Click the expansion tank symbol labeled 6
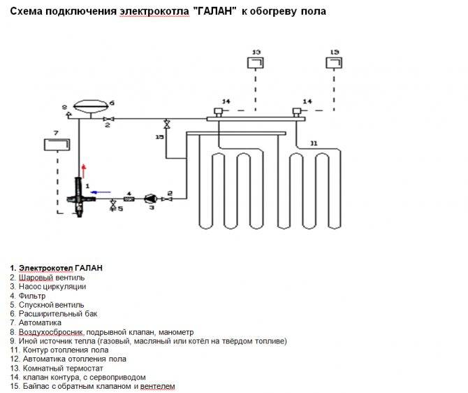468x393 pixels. click(x=90, y=106)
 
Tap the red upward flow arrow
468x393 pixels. click(x=84, y=171)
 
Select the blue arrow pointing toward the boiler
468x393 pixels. click(x=101, y=192)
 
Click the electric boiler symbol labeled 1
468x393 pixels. click(x=80, y=197)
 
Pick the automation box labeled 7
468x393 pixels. click(x=57, y=145)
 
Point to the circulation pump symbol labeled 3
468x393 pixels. click(x=151, y=199)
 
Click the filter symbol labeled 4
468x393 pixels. click(x=129, y=199)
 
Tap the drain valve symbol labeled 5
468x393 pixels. click(x=113, y=205)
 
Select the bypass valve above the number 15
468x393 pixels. click(x=167, y=124)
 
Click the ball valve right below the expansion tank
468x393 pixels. click(x=107, y=120)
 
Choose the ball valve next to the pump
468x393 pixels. click(x=166, y=199)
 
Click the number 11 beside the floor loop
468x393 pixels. click(x=314, y=143)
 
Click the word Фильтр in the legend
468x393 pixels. click(x=32, y=296)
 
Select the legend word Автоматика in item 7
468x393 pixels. click(x=40, y=323)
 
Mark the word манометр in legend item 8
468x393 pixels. click(x=176, y=332)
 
